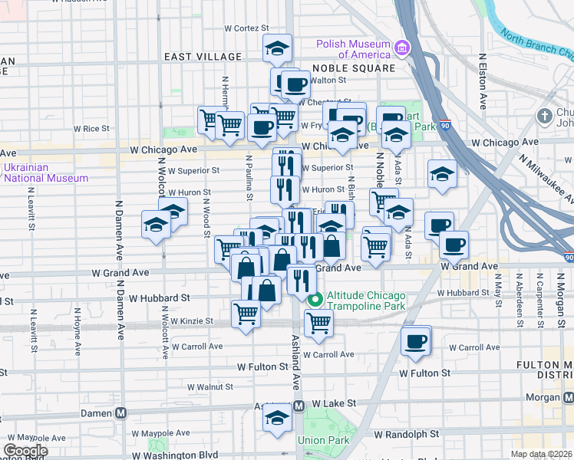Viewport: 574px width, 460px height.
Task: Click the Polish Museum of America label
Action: click(x=354, y=49)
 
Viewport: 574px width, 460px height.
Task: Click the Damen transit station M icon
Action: click(x=120, y=412)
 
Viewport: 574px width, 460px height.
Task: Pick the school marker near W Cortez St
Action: click(x=276, y=49)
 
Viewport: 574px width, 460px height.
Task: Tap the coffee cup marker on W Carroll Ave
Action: click(x=416, y=340)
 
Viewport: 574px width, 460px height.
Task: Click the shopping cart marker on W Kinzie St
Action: click(x=245, y=313)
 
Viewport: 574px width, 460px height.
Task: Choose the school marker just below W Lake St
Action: click(x=276, y=418)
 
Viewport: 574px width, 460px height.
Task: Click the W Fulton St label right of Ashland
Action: click(x=424, y=373)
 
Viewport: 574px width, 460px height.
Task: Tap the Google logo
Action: click(x=25, y=451)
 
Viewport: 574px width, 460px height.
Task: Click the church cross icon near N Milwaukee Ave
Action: click(x=544, y=116)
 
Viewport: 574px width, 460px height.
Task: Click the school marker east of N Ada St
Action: click(x=442, y=174)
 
